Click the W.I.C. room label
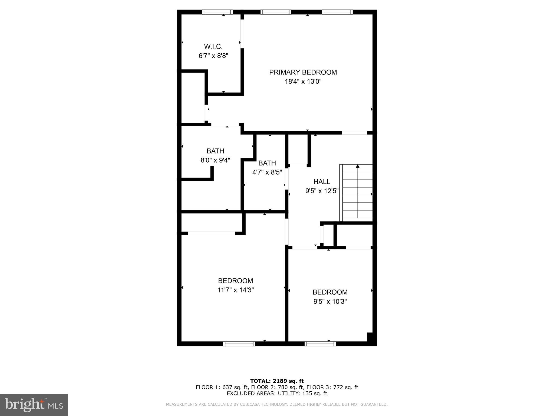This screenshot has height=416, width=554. click(x=213, y=47)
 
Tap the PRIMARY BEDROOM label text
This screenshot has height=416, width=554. click(x=303, y=72)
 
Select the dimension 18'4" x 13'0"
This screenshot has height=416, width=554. click(x=303, y=82)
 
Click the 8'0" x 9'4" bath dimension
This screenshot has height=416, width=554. click(x=215, y=160)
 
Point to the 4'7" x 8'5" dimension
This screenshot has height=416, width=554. click(x=267, y=172)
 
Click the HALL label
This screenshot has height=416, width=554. click(x=322, y=182)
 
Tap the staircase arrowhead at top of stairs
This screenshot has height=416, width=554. click(x=358, y=166)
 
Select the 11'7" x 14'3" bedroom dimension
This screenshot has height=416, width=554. click(x=235, y=290)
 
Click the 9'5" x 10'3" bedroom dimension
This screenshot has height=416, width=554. click(x=330, y=301)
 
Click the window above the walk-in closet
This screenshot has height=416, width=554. click(x=217, y=12)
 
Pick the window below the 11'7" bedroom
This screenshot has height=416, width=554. click(x=239, y=344)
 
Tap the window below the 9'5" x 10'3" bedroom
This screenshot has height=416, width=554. click(x=320, y=344)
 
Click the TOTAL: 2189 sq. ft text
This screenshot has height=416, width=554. click(x=277, y=381)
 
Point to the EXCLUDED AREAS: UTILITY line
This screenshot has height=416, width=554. click(x=277, y=393)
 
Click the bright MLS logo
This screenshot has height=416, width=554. click(x=34, y=405)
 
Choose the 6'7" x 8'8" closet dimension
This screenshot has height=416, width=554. click(x=213, y=56)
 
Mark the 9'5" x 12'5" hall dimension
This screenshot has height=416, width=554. click(x=322, y=191)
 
